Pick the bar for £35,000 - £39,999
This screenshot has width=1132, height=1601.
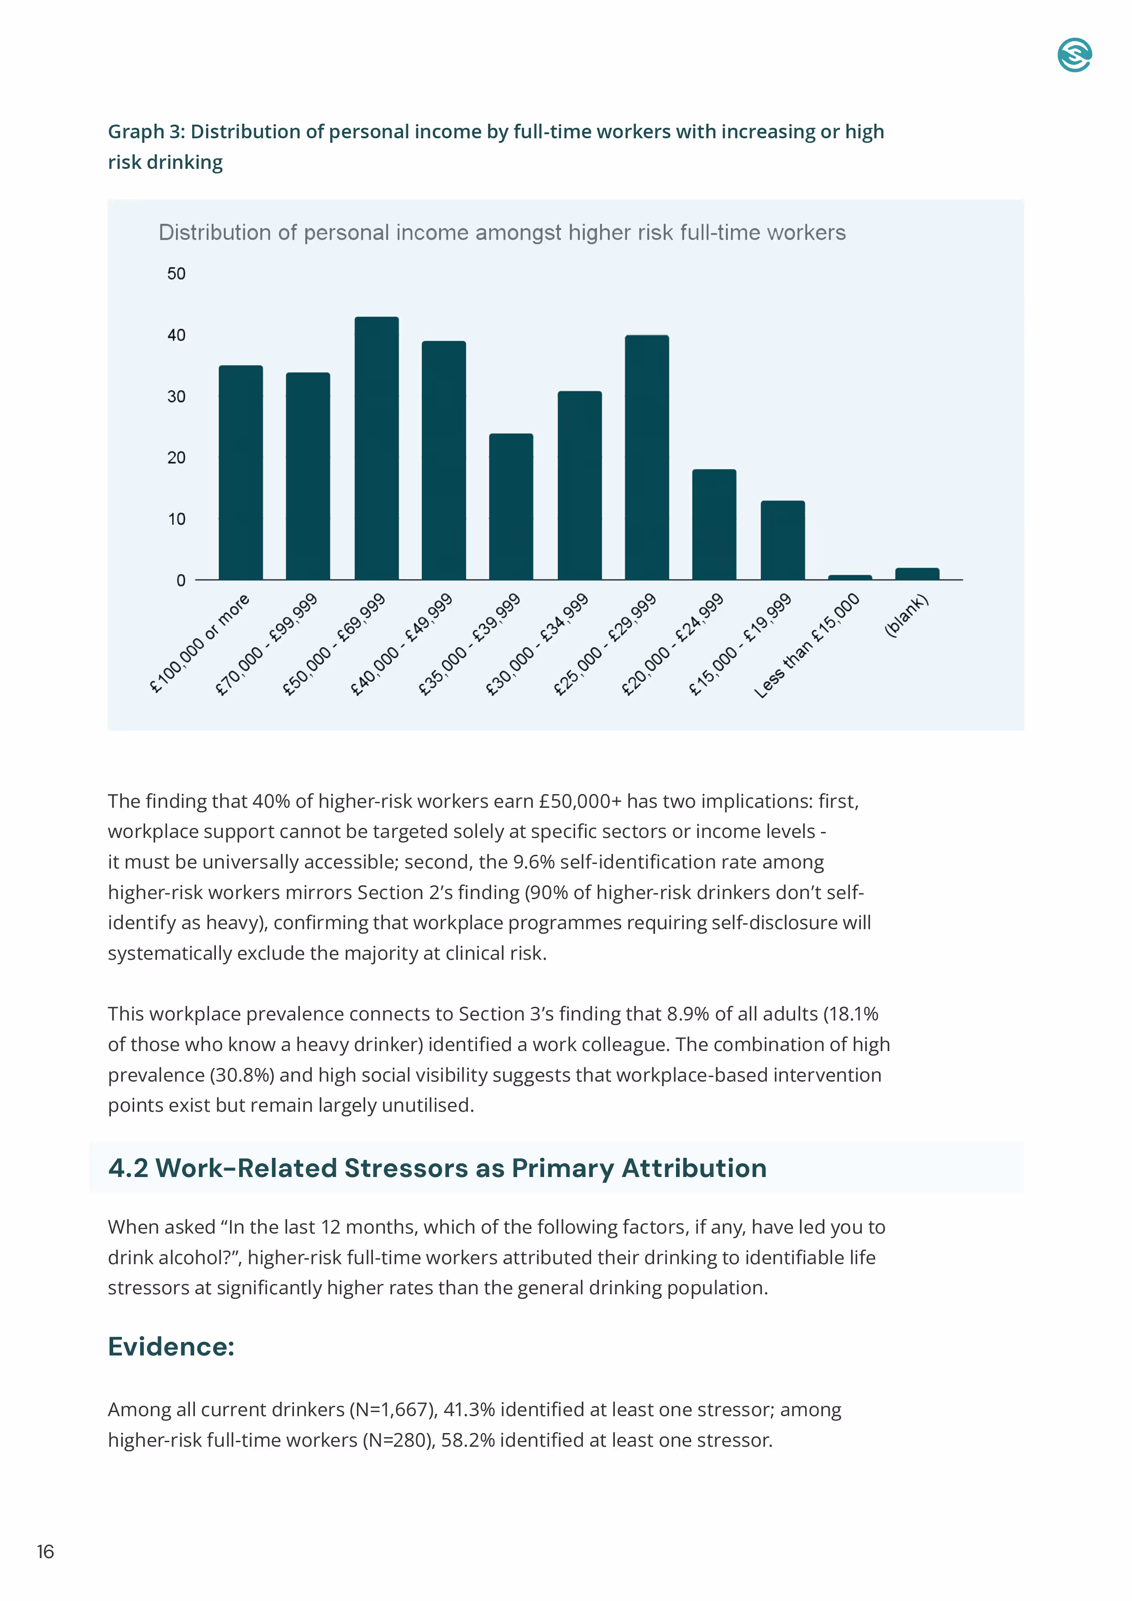[x=511, y=507]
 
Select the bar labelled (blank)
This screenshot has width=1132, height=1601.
[x=917, y=574]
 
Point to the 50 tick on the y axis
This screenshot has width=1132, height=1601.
[x=177, y=274]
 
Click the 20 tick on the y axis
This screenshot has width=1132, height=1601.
[x=177, y=458]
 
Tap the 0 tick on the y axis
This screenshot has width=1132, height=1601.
[x=181, y=581]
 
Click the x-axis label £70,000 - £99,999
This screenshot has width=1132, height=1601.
[x=267, y=644]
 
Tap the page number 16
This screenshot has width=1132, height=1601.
[x=45, y=1552]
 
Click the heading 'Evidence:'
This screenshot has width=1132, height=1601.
[x=171, y=1346]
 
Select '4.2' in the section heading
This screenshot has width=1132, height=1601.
[x=128, y=1168]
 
